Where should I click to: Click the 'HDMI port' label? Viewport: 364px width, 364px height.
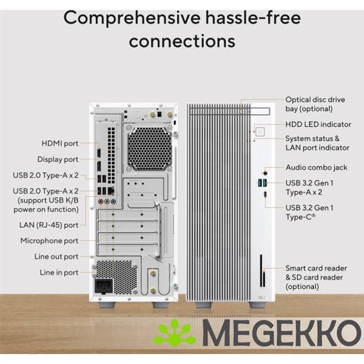(x=59, y=143)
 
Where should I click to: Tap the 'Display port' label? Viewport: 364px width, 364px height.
(x=58, y=160)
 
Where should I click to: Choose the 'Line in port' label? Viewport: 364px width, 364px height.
(x=59, y=273)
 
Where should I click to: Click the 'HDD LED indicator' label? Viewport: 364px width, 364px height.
(x=318, y=124)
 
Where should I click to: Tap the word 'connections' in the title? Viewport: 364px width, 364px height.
(x=182, y=41)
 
